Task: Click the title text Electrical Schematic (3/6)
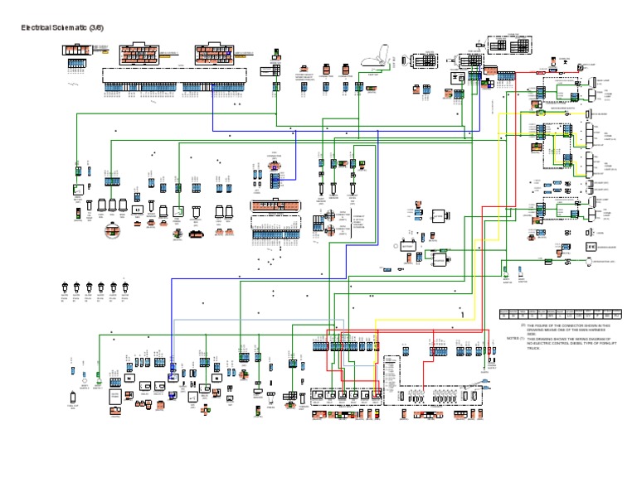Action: [x=62, y=27]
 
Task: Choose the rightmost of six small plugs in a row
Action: [x=125, y=286]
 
